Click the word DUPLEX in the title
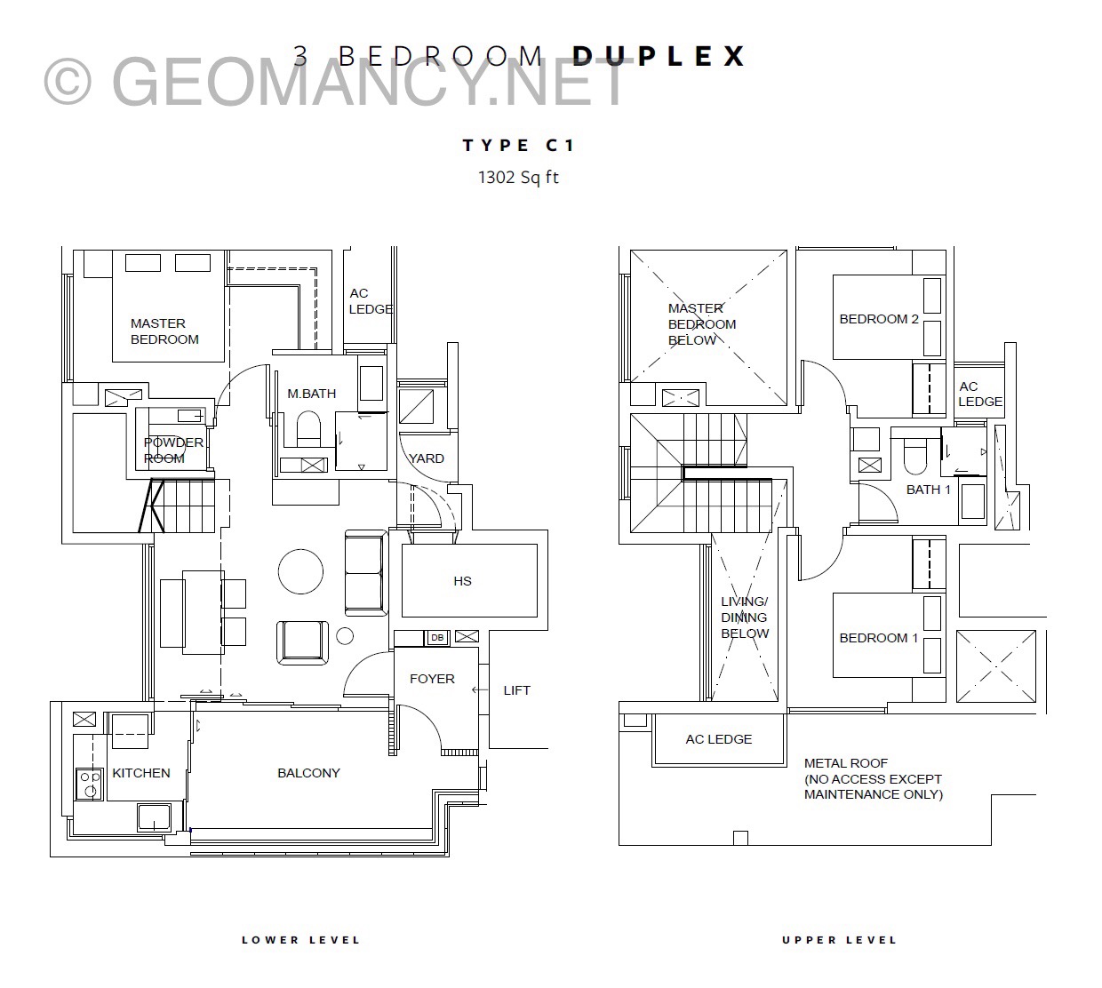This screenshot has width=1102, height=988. (659, 56)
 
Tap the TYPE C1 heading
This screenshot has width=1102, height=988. (518, 145)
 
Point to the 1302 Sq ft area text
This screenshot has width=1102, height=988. (518, 178)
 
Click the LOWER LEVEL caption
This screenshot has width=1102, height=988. (300, 940)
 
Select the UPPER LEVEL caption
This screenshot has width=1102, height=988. (839, 940)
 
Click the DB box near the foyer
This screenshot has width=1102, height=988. (437, 637)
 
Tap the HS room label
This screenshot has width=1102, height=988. (462, 581)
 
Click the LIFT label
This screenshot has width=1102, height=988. (516, 690)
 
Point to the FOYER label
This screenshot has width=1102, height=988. (432, 679)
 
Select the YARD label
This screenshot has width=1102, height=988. (427, 458)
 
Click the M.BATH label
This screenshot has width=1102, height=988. (312, 393)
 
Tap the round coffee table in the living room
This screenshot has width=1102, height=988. (300, 571)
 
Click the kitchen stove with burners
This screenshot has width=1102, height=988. (89, 784)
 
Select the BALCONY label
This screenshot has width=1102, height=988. (308, 773)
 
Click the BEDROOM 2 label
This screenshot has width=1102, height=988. (878, 319)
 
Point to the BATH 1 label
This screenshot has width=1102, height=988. (929, 490)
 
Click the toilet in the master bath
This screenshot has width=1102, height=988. (308, 428)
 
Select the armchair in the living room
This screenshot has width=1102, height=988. (302, 642)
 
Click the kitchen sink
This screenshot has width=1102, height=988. (154, 817)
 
